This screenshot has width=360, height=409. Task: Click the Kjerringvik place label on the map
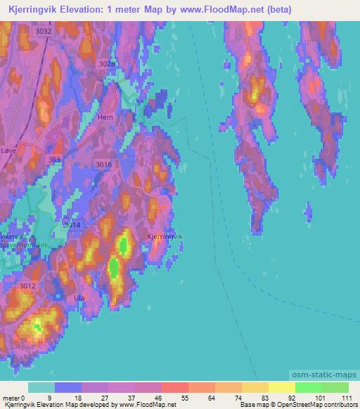point(165,238)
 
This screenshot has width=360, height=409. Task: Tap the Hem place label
point(105,117)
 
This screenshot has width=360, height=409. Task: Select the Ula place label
point(79,298)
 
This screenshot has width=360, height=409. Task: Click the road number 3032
point(44,32)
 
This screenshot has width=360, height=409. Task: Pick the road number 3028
point(107,64)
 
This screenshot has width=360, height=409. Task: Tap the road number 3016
point(103,164)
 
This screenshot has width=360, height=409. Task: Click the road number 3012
point(27,285)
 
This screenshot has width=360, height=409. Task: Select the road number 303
point(55,160)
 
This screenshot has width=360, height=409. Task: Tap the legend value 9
point(49,397)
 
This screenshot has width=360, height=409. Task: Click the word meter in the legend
point(13,397)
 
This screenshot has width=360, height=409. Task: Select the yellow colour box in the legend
point(282,387)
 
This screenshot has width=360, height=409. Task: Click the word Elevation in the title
point(89,10)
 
